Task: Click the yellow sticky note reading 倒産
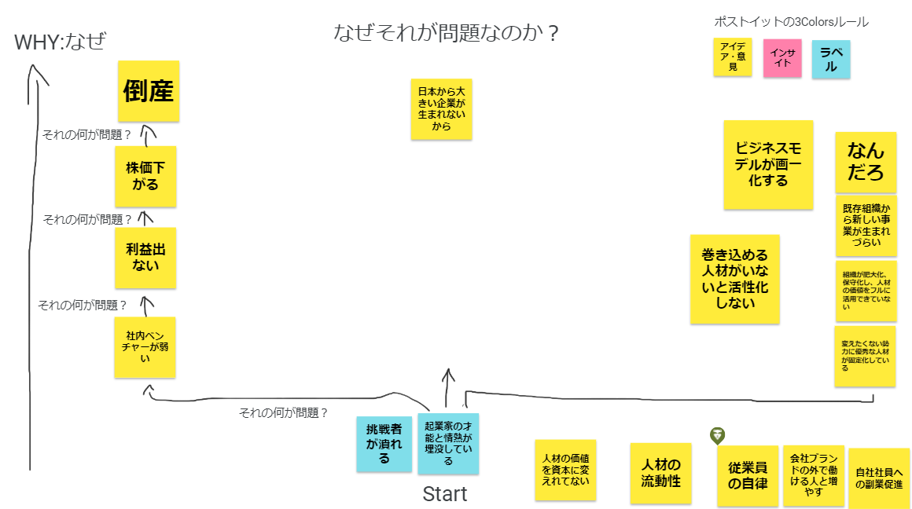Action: (148, 91)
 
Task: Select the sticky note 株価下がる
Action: (145, 176)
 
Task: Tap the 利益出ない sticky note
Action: (145, 258)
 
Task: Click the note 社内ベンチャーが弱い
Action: (145, 347)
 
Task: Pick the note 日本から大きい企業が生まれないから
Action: (441, 109)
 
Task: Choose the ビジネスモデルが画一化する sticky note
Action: (767, 165)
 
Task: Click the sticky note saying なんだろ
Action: (865, 162)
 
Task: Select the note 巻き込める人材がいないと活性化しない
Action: (734, 279)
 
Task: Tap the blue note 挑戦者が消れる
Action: (384, 444)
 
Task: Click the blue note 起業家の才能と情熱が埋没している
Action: (448, 444)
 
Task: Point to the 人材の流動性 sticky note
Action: (660, 473)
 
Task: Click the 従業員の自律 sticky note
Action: (747, 475)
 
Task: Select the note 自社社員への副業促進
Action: (879, 478)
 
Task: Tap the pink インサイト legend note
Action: (781, 58)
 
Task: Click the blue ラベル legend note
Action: (830, 60)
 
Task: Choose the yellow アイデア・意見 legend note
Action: (732, 57)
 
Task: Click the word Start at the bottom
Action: (445, 494)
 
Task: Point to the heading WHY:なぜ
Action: (60, 42)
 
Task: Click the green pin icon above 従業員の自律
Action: (717, 436)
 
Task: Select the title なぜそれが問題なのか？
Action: (446, 33)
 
